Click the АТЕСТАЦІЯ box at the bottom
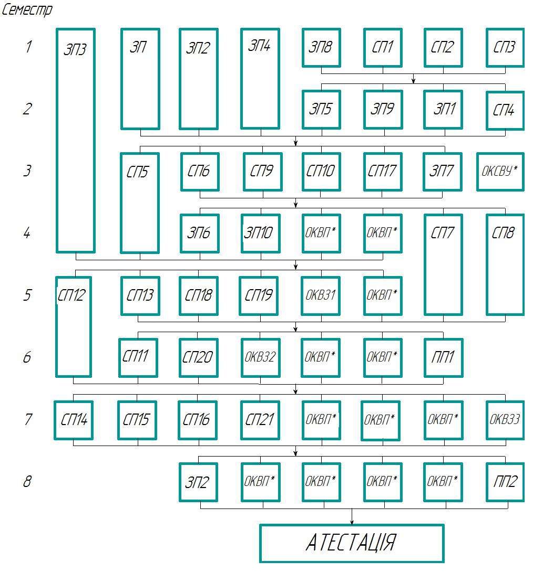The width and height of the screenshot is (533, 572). coord(352,543)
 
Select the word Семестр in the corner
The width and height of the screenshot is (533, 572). coord(27,10)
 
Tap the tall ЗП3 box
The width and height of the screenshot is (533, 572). coord(76,141)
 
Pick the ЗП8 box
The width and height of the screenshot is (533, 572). coord(321,48)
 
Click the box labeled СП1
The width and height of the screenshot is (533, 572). coord(383,48)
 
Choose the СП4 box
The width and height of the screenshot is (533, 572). coord(505,110)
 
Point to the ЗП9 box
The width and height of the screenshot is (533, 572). coord(383,109)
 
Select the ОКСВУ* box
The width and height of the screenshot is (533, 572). coord(500,172)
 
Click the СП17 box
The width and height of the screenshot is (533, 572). coord(383,172)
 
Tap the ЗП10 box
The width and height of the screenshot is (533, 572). coord(260,233)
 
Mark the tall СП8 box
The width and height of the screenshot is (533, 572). coord(505,264)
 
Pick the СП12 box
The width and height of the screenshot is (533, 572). coord(74,326)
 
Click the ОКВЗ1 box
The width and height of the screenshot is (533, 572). coord(321,295)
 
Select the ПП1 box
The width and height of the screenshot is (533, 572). coord(444,357)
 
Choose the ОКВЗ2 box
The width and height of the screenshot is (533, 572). coord(260,357)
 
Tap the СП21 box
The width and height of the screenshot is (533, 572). coord(260,420)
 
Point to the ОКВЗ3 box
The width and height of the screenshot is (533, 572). coord(505,420)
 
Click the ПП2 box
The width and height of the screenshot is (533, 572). coord(505,482)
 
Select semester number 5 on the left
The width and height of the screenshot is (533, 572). coord(27,295)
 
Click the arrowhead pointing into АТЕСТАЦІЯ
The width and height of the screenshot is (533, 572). coord(352,521)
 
